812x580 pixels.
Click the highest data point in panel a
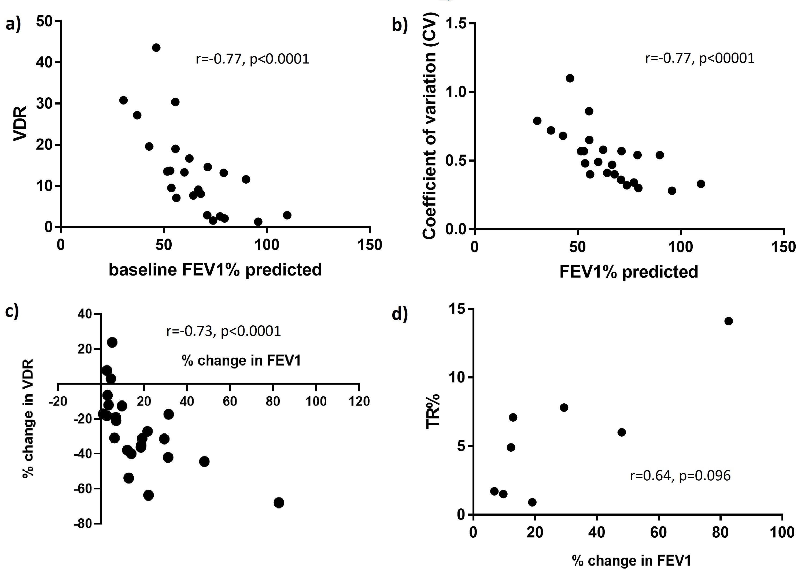pos(156,47)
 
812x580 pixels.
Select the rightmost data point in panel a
pos(287,215)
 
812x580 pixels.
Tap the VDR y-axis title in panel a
pos(20,124)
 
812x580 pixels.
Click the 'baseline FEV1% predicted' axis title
pos(215,270)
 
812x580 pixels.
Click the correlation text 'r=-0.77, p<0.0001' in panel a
pos(253,59)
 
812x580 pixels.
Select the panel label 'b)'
pos(400,25)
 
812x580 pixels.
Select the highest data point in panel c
pos(112,343)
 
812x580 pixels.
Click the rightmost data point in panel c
pos(279,503)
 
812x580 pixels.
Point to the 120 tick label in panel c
pos(359,401)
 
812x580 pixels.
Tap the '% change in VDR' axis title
pos(28,418)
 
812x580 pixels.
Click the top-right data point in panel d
pos(728,321)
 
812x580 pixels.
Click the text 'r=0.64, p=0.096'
pos(680,476)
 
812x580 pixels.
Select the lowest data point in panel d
pos(532,502)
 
